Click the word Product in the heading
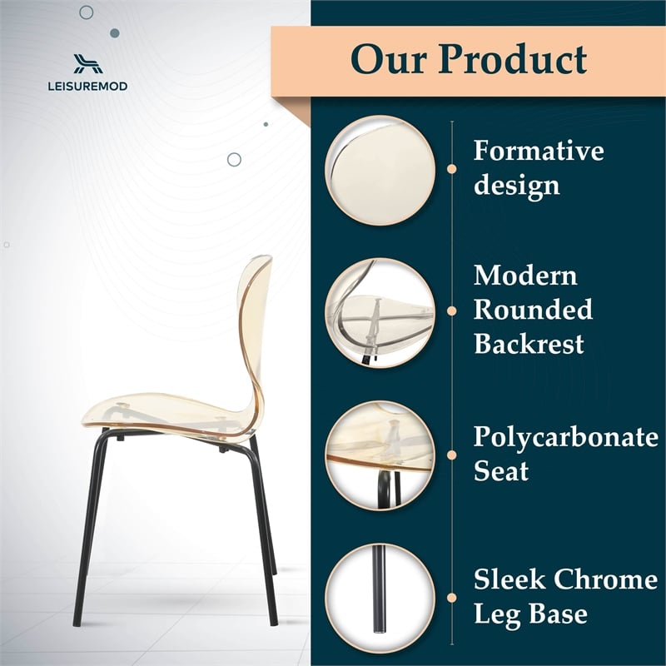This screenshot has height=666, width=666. (513, 59)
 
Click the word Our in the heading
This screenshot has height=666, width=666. (389, 59)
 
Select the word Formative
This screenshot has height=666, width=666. (539, 152)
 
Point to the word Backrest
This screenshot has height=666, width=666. (529, 343)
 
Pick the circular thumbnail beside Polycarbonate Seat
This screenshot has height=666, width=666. (380, 454)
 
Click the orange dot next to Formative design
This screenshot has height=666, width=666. (452, 169)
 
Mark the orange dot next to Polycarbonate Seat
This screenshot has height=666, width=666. (452, 454)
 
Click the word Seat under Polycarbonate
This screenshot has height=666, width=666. (501, 471)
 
